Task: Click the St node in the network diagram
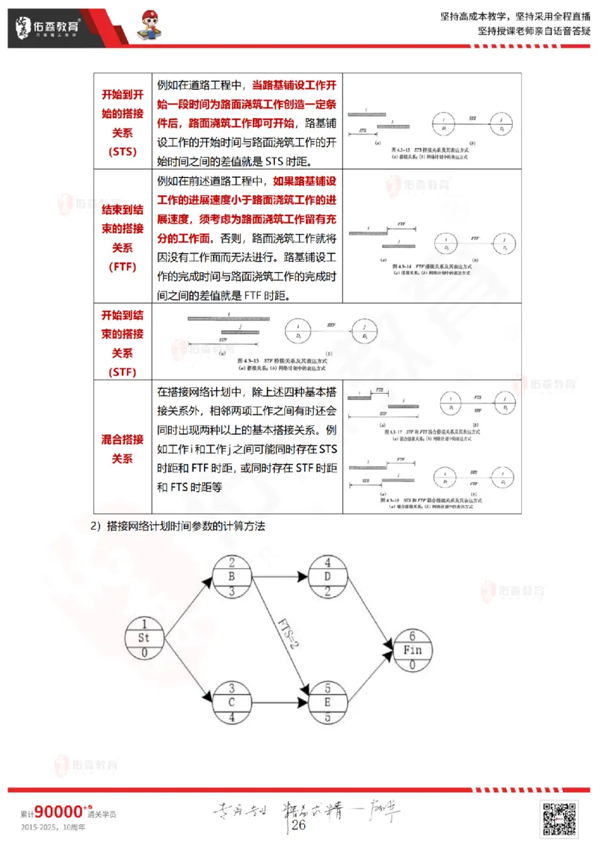[x=145, y=637]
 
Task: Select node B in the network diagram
[x=232, y=577]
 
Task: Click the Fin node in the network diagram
[x=412, y=650]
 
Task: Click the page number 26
[x=299, y=825]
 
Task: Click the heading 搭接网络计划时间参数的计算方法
[x=185, y=526]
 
